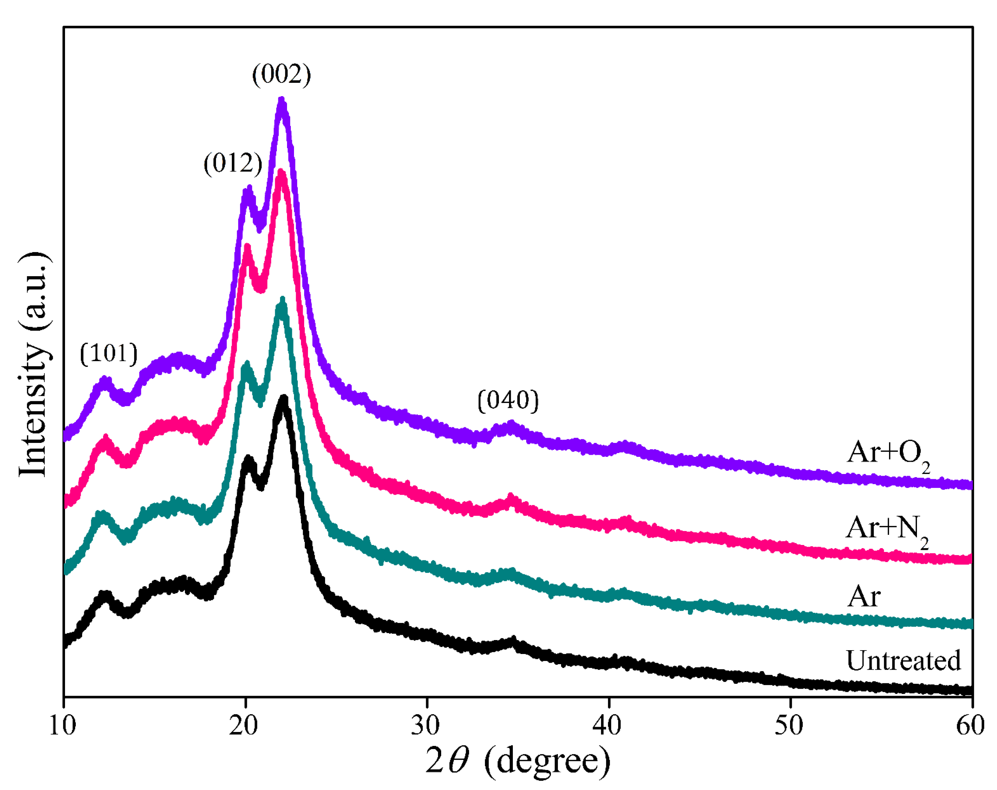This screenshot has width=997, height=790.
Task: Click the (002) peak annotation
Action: (x=281, y=74)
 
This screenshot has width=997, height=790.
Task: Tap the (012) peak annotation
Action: (x=232, y=163)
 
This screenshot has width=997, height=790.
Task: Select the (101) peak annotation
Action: (x=109, y=354)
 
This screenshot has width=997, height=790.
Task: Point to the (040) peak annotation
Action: (x=508, y=400)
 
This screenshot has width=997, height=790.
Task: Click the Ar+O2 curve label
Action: (x=888, y=455)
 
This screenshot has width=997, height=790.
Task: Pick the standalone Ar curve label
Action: (x=864, y=596)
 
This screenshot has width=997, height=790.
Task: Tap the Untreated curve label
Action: (x=903, y=661)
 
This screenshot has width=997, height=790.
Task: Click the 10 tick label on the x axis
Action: (x=63, y=725)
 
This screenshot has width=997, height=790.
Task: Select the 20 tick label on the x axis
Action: (x=244, y=725)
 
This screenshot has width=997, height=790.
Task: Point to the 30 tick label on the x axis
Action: (x=425, y=725)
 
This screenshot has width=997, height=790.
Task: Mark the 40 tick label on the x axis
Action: (x=607, y=725)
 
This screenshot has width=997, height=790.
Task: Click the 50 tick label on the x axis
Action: (x=789, y=725)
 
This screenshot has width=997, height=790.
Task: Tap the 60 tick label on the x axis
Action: (x=970, y=725)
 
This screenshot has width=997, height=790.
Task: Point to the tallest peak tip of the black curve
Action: (x=284, y=398)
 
